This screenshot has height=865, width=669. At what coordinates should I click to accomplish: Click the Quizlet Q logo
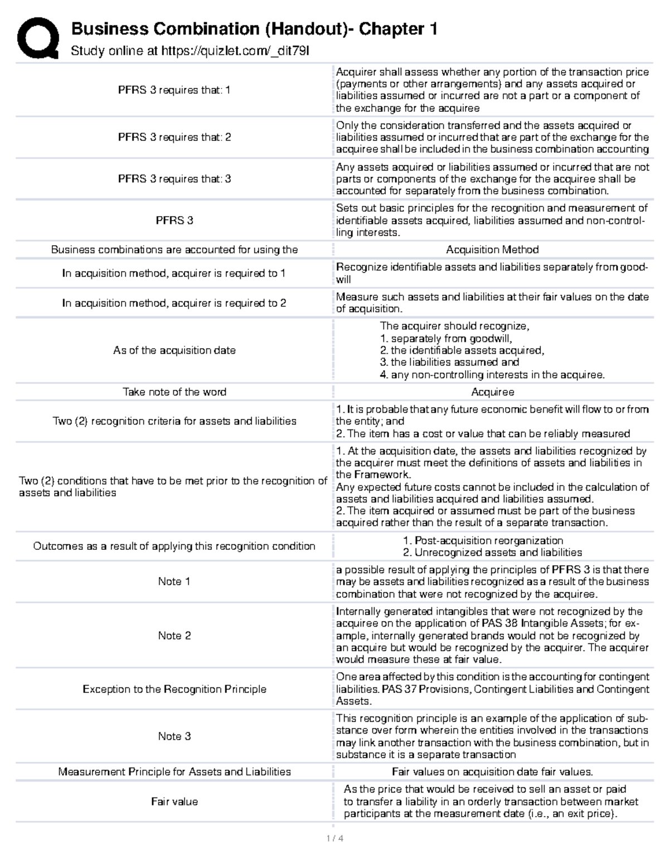38,38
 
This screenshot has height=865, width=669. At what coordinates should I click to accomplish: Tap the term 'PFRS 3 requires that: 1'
174,90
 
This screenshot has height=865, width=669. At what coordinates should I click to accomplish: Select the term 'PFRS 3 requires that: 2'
174,137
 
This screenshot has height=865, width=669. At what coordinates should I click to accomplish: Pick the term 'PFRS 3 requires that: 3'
174,179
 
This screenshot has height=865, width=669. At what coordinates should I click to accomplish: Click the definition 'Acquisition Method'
492,250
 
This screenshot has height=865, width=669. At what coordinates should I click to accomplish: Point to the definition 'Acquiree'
492,392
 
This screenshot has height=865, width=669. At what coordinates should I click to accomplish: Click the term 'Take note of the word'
174,392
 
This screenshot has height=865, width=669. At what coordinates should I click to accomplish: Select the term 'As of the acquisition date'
174,350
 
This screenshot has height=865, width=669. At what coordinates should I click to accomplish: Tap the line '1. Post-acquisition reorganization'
483,540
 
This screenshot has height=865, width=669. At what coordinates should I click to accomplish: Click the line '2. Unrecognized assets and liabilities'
492,553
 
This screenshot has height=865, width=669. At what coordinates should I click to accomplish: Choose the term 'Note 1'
174,581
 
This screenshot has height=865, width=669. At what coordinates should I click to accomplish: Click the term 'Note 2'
174,636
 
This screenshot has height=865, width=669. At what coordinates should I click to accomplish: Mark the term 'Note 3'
174,736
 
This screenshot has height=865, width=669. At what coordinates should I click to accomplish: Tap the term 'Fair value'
174,802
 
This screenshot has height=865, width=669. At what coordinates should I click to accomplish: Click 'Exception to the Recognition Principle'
174,689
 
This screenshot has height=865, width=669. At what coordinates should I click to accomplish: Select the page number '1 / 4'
334,838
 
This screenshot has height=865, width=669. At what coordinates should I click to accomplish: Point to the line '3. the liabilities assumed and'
449,362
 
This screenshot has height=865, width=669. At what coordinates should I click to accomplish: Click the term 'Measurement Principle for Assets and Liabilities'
174,772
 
